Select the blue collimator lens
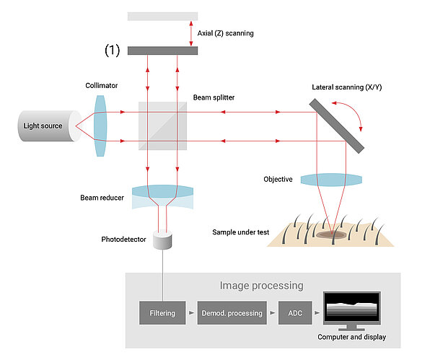pyautogui.click(x=100, y=126)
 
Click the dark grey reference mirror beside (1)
pyautogui.click(x=162, y=51)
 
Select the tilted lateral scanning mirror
pyautogui.click(x=337, y=125)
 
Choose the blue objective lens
pyautogui.click(x=330, y=179)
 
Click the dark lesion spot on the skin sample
pyautogui.click(x=330, y=233)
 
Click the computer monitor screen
pyautogui.click(x=352, y=309)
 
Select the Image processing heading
pyautogui.click(x=262, y=286)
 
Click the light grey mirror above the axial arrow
pyautogui.click(x=162, y=16)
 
